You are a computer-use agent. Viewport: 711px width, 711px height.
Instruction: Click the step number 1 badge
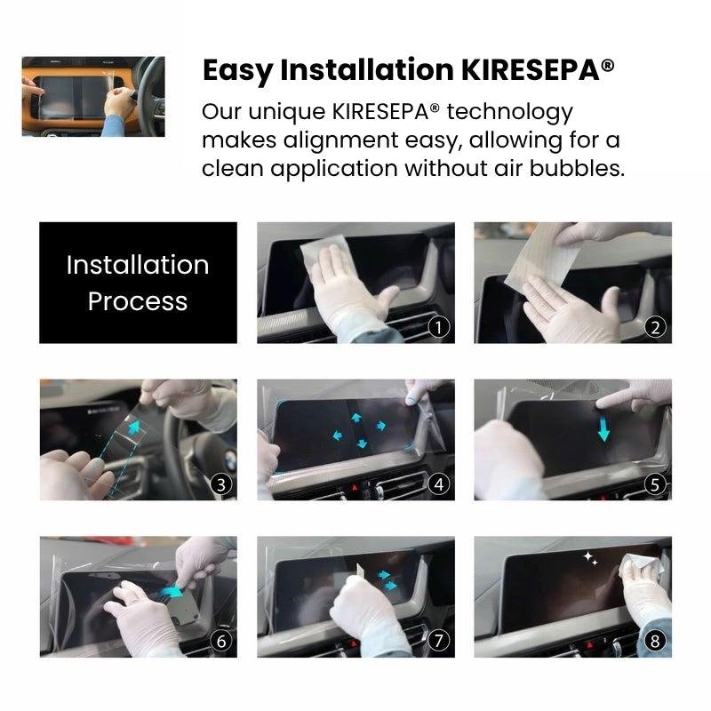[438, 327]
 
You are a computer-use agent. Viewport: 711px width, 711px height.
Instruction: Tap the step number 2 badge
[655, 327]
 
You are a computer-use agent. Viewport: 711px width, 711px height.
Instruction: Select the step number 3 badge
[221, 484]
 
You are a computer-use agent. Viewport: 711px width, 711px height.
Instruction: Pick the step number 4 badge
[438, 484]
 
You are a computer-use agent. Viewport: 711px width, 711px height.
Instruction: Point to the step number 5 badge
[655, 484]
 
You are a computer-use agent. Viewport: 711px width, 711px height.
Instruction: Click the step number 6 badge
[221, 642]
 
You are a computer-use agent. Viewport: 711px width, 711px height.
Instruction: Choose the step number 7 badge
[438, 642]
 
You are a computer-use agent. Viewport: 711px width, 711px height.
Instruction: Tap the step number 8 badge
[655, 642]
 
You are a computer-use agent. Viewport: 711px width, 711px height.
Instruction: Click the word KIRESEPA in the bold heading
[531, 70]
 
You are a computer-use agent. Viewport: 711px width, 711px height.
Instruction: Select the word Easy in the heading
[237, 71]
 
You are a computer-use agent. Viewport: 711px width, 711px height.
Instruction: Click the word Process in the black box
[138, 301]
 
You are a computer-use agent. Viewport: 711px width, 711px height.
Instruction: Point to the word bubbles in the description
[577, 169]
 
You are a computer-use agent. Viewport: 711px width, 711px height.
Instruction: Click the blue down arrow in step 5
[603, 429]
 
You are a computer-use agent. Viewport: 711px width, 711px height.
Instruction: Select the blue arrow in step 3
[134, 427]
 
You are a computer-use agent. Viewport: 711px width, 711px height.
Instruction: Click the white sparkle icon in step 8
[590, 558]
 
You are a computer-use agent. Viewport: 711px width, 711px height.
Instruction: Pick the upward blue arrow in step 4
[356, 417]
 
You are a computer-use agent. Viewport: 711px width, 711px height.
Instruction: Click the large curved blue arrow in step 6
[172, 592]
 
